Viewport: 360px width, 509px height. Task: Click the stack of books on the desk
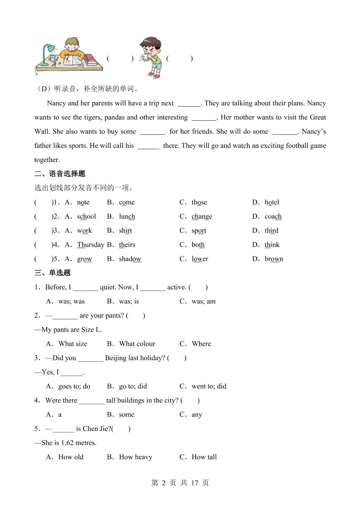coord(92,59)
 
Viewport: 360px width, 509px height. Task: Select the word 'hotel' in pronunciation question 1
coord(272,202)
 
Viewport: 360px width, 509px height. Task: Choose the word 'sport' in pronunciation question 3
coord(199,230)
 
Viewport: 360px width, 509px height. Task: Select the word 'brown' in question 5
coord(274,259)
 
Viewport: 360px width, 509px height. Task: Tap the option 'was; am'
coord(203,301)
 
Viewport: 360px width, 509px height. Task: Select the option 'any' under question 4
coord(197,415)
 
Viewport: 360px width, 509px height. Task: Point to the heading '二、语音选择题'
coord(60,174)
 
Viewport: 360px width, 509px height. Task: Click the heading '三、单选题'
coord(53,273)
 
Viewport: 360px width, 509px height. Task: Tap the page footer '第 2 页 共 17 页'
coord(179,483)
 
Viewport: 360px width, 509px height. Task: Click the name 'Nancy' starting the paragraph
coord(56,103)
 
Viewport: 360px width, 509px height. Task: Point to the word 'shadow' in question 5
coord(130,259)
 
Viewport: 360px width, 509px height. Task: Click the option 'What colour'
coord(137,344)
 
